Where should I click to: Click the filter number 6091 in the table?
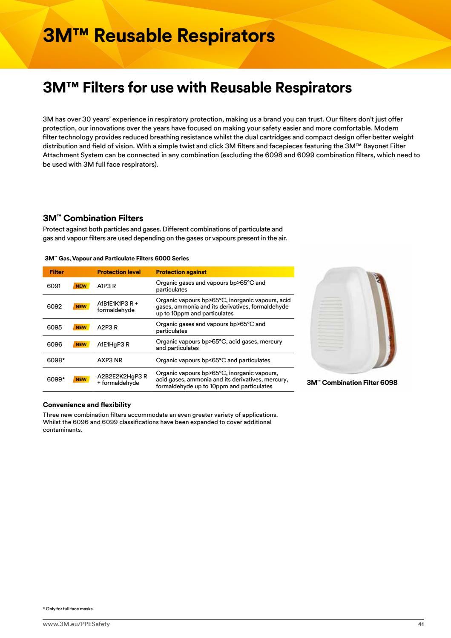tap(54, 286)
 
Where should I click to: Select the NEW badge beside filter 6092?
tap(81, 306)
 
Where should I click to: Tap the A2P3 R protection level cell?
tap(107, 327)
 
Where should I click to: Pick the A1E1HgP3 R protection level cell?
tap(113, 344)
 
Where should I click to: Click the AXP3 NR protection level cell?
tap(109, 360)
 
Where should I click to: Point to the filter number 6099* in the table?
tap(56, 379)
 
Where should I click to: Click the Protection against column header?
tap(181, 272)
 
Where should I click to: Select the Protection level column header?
tap(119, 272)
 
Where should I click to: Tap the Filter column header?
tap(57, 272)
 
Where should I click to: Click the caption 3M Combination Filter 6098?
tap(352, 383)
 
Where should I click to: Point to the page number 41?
tap(421, 624)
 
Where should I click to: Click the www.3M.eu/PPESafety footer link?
tap(76, 624)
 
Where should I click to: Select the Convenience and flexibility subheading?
tap(87, 404)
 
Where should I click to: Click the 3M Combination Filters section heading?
tap(93, 218)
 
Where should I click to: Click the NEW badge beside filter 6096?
tap(81, 344)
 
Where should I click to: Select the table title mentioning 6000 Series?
tap(117, 258)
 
